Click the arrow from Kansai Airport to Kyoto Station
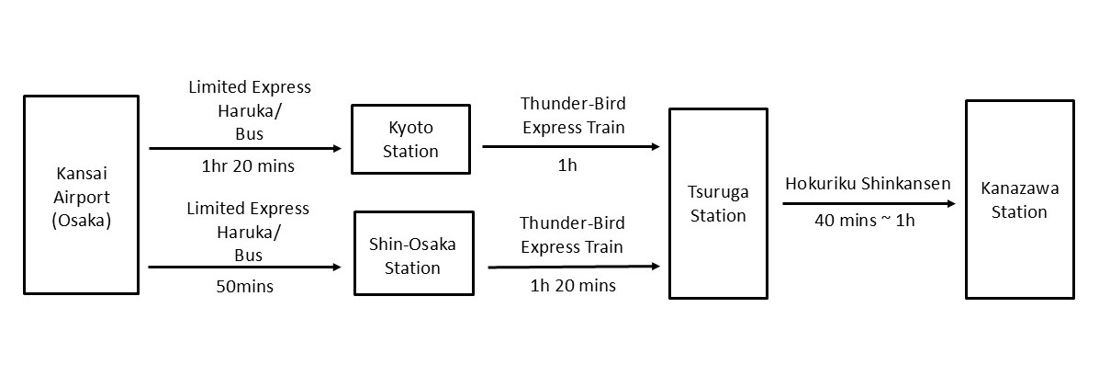point(245,148)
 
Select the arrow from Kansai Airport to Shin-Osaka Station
point(245,268)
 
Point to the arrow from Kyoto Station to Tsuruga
point(571,146)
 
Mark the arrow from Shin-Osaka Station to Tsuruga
point(574,267)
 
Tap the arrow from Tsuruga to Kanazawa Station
point(869,203)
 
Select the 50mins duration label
point(244,287)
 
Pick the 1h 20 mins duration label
point(573,286)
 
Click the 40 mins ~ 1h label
point(865,221)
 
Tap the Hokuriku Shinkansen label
point(868,184)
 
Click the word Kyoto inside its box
point(410,129)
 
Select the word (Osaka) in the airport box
point(82,221)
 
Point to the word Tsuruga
point(718,192)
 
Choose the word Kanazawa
point(1020,188)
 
